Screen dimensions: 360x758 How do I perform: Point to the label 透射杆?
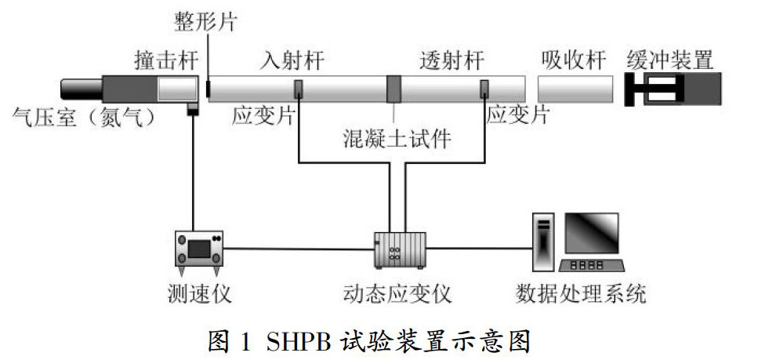452,60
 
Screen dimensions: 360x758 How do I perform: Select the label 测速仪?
199,295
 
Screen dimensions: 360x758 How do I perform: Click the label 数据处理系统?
581,295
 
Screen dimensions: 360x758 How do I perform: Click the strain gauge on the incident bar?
298,89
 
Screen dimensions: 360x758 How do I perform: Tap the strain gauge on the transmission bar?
485,89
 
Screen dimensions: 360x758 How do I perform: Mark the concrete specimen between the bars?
394,89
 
